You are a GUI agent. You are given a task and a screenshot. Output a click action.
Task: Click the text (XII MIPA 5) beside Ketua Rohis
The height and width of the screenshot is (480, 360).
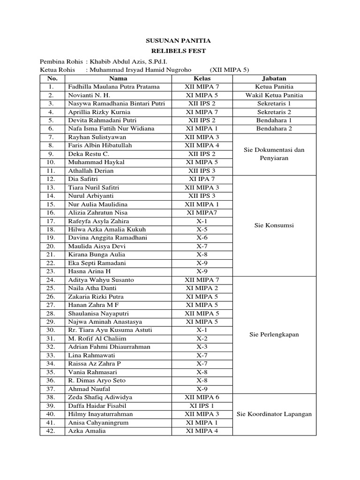coord(229,70)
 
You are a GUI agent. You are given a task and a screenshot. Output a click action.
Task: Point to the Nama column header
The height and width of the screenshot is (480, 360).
coord(118,78)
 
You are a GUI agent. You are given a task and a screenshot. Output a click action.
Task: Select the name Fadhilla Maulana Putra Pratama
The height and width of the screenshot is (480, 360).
coord(114,87)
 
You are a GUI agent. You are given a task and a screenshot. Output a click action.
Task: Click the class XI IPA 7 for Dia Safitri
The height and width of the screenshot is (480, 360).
coord(202,179)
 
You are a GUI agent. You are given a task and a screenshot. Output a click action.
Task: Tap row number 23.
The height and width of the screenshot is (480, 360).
coord(52,271)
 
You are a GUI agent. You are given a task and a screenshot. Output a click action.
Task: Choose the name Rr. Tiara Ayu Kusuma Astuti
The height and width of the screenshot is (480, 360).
coord(110,330)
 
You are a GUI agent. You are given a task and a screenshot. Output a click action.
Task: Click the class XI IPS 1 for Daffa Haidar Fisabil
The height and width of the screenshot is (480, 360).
coord(202,405)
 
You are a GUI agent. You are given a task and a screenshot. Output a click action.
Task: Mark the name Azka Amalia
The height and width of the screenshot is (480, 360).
coord(87,431)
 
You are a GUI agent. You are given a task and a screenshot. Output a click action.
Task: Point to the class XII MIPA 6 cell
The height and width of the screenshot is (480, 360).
coord(202,397)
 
